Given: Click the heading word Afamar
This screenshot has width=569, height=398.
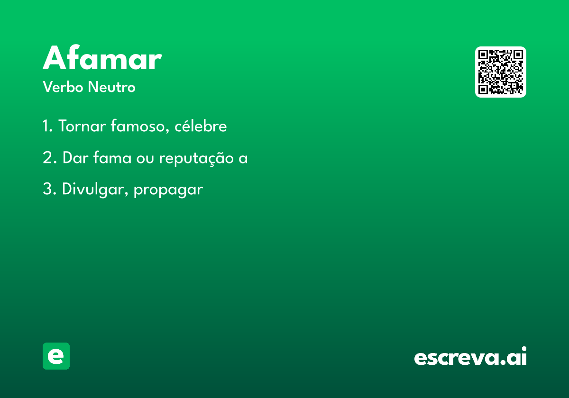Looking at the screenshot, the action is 102,57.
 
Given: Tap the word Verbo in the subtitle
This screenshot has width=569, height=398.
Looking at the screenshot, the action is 63,87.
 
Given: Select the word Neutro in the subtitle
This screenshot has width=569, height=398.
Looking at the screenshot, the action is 111,87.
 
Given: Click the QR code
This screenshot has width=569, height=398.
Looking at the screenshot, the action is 500,72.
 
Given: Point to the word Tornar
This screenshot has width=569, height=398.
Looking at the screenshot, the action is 83,126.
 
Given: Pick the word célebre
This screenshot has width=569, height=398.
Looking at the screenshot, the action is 201,126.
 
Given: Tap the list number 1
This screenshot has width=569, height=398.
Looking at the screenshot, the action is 47,126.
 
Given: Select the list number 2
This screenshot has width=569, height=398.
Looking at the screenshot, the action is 50,158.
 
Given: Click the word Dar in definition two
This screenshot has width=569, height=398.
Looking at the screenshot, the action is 75,158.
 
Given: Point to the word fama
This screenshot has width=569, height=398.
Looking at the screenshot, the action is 112,157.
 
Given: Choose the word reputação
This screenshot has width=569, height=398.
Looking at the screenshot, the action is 196,158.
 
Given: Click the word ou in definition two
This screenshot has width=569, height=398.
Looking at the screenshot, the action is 145,159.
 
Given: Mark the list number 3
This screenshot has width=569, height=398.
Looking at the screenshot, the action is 49,189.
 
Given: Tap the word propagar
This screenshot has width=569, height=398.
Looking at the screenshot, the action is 168,190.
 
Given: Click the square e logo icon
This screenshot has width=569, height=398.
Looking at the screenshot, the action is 56,356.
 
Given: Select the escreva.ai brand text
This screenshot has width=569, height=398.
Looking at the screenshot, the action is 470,356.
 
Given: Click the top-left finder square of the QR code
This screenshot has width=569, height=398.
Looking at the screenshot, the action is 483,54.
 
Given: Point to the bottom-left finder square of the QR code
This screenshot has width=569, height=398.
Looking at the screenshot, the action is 483,90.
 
